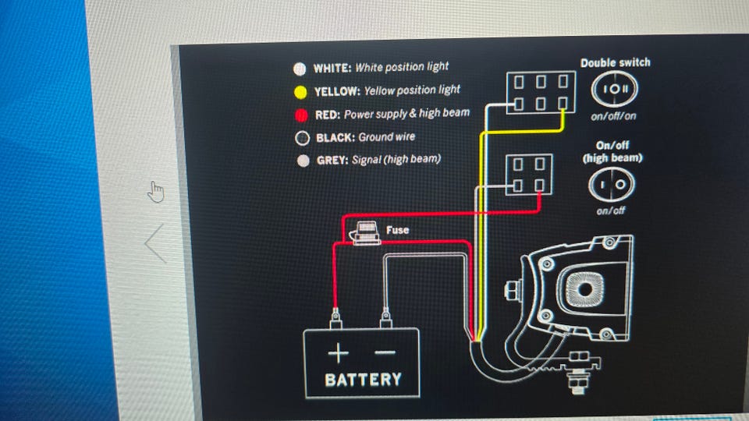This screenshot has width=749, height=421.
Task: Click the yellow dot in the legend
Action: (300, 91)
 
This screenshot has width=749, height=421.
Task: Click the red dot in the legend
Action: (300, 115)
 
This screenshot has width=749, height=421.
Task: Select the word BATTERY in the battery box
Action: (363, 380)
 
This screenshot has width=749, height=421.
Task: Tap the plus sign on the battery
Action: (338, 353)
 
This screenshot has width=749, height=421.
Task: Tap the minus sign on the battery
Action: (385, 353)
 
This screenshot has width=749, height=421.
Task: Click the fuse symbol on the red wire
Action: (364, 232)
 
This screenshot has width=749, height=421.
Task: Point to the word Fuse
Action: (397, 230)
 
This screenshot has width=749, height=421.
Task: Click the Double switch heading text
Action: (615, 62)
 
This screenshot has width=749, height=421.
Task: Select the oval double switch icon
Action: (615, 90)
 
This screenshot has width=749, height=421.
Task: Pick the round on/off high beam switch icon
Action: (611, 184)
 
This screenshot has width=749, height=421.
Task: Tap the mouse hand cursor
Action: (157, 191)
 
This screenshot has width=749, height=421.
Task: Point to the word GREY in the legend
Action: (329, 160)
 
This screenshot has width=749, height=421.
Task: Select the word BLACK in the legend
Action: (334, 137)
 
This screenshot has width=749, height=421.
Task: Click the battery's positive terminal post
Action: (336, 317)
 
